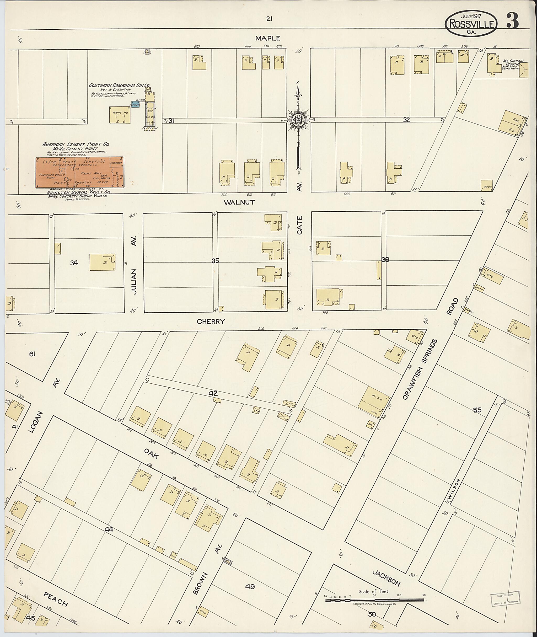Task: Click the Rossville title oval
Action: pos(471,23)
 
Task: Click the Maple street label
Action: pos(268,38)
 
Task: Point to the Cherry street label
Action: pos(211,321)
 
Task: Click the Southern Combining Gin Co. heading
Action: pos(119,85)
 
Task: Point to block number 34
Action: pos(74,263)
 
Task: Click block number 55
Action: pos(477,410)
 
